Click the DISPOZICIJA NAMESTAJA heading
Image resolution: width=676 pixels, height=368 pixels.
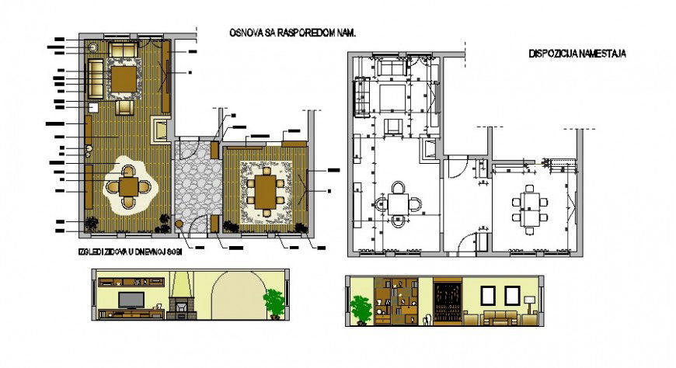click(x=577, y=54)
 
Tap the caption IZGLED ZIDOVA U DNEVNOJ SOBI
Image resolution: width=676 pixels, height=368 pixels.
click(x=135, y=254)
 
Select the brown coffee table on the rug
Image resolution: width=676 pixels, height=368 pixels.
click(x=124, y=78)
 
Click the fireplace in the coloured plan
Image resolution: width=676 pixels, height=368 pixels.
click(x=160, y=130)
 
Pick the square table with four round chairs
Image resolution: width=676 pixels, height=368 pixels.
click(x=130, y=186)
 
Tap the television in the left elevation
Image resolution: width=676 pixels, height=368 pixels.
click(x=129, y=300)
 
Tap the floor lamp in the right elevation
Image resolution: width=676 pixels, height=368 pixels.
click(x=529, y=304)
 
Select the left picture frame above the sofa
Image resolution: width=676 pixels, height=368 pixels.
click(x=490, y=295)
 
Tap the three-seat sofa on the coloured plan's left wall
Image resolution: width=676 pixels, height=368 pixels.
click(x=96, y=77)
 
